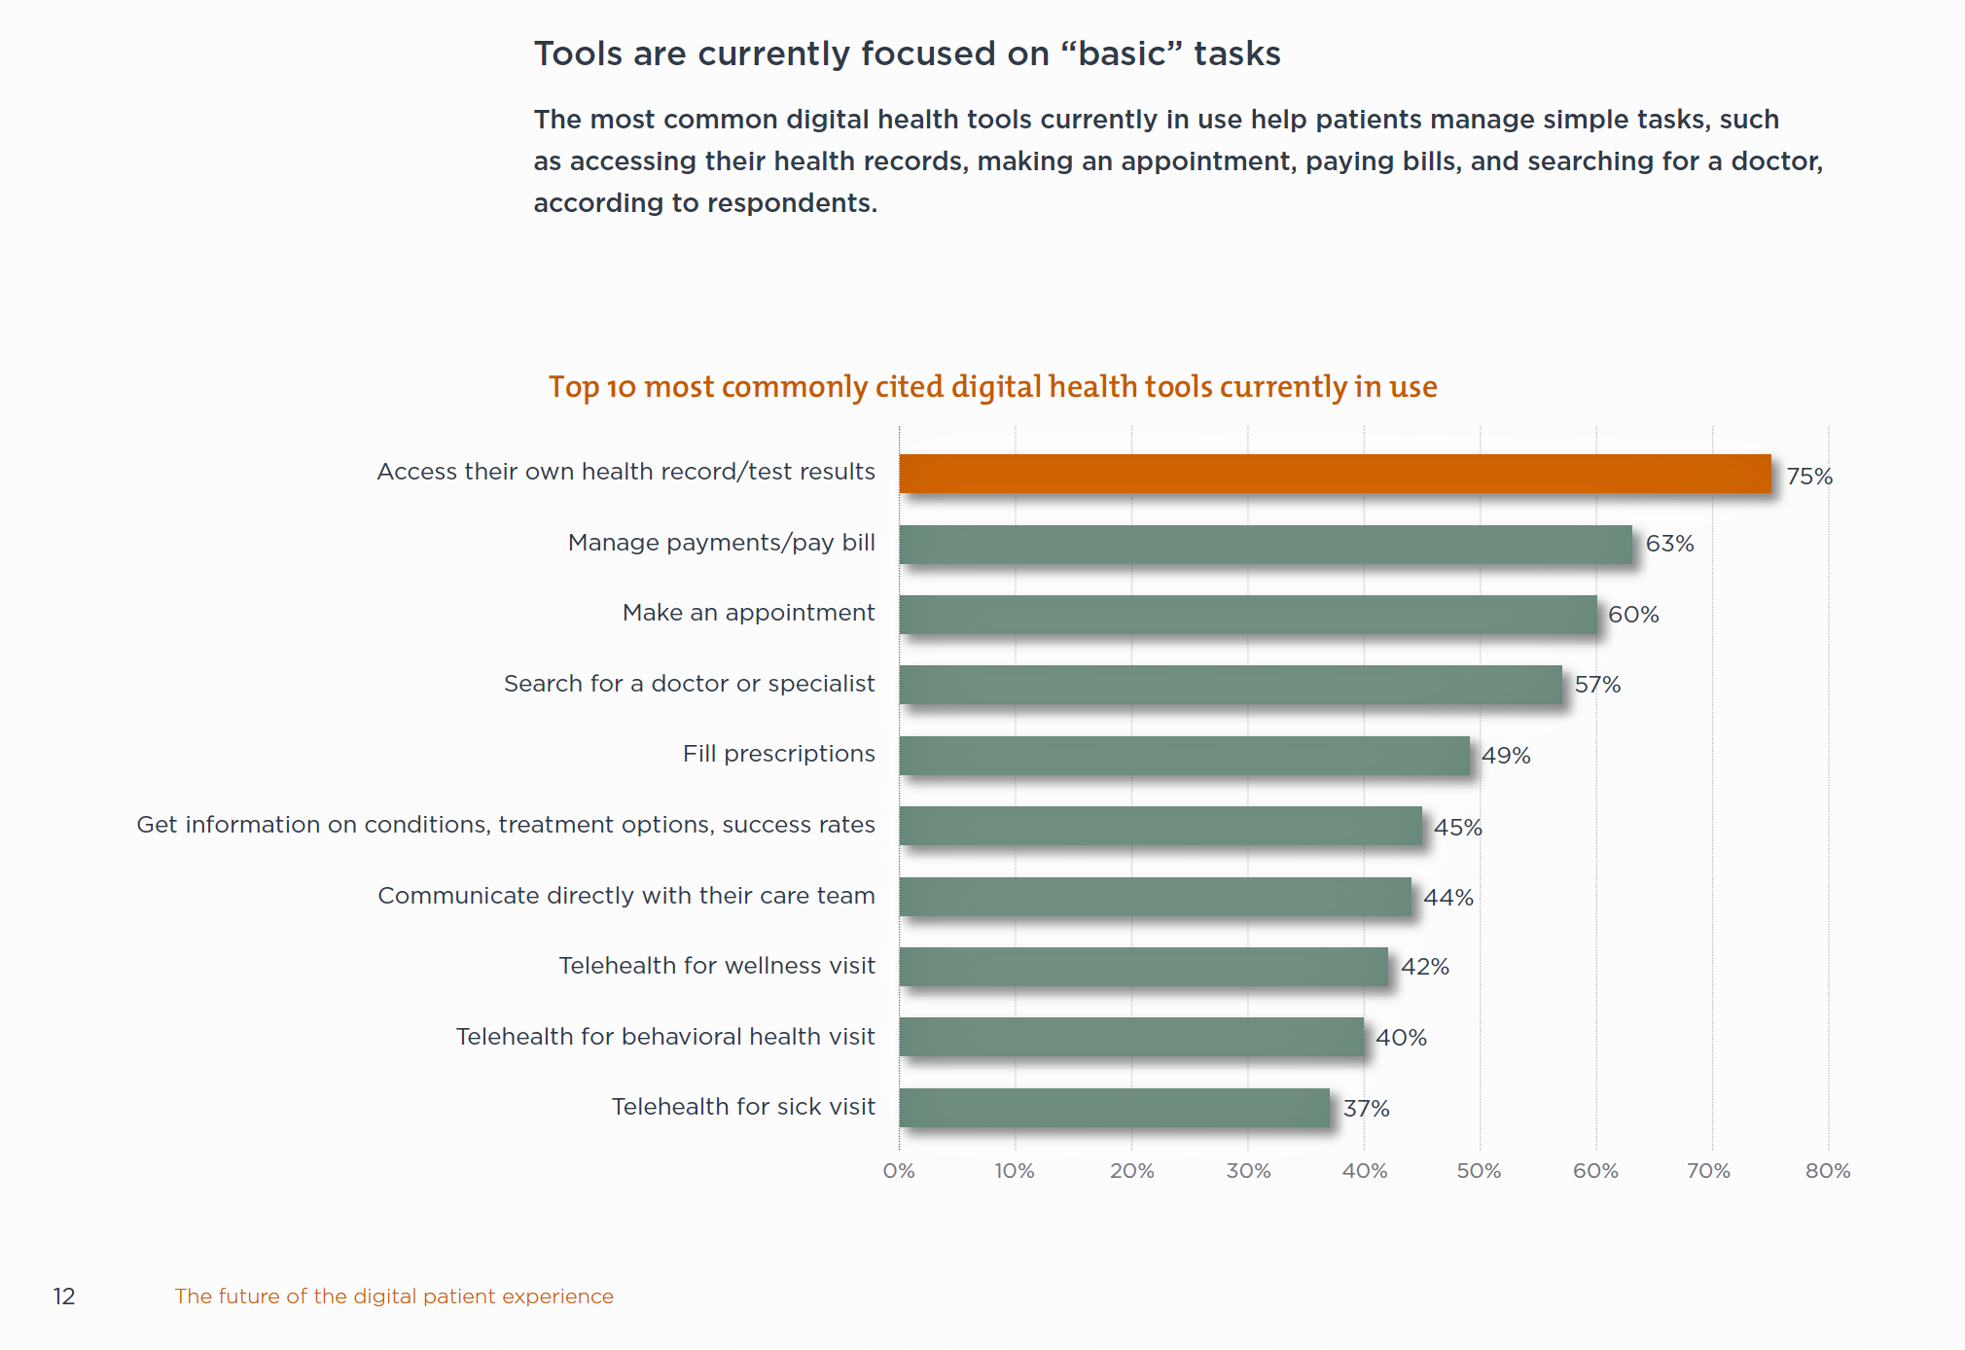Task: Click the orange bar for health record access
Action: click(x=1335, y=474)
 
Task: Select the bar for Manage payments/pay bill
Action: click(x=1265, y=545)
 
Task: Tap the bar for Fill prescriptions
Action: click(x=1184, y=756)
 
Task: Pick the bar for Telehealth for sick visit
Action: click(x=1114, y=1108)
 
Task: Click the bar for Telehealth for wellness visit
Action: click(x=1143, y=967)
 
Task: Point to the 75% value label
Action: click(x=1808, y=477)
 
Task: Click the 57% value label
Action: click(x=1597, y=685)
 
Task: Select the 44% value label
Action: click(x=1447, y=898)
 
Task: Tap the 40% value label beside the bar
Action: click(x=1401, y=1038)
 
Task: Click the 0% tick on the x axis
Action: click(x=899, y=1171)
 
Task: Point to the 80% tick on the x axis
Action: click(x=1827, y=1171)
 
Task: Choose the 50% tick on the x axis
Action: click(x=1479, y=1171)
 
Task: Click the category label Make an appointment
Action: click(x=748, y=613)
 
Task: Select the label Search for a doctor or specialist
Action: click(x=689, y=684)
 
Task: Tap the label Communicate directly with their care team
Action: click(x=625, y=896)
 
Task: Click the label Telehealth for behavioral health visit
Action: click(x=665, y=1037)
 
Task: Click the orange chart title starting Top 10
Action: click(x=992, y=387)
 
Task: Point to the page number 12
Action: click(x=64, y=1297)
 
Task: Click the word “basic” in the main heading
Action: click(x=1121, y=53)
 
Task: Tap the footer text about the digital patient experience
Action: click(x=394, y=1297)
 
